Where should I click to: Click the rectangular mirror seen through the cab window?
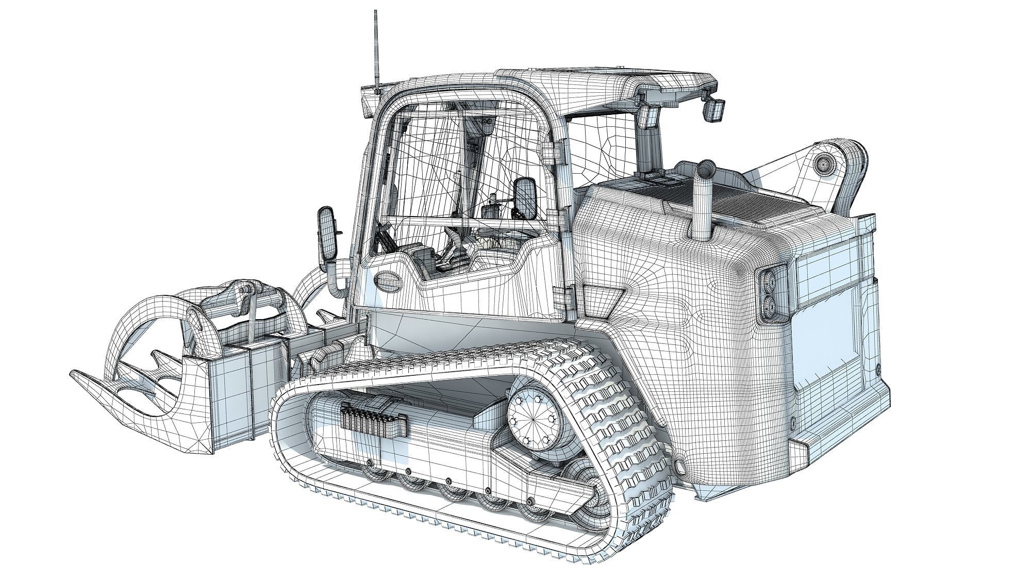[x=526, y=198]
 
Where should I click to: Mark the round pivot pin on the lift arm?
[x=823, y=164]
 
